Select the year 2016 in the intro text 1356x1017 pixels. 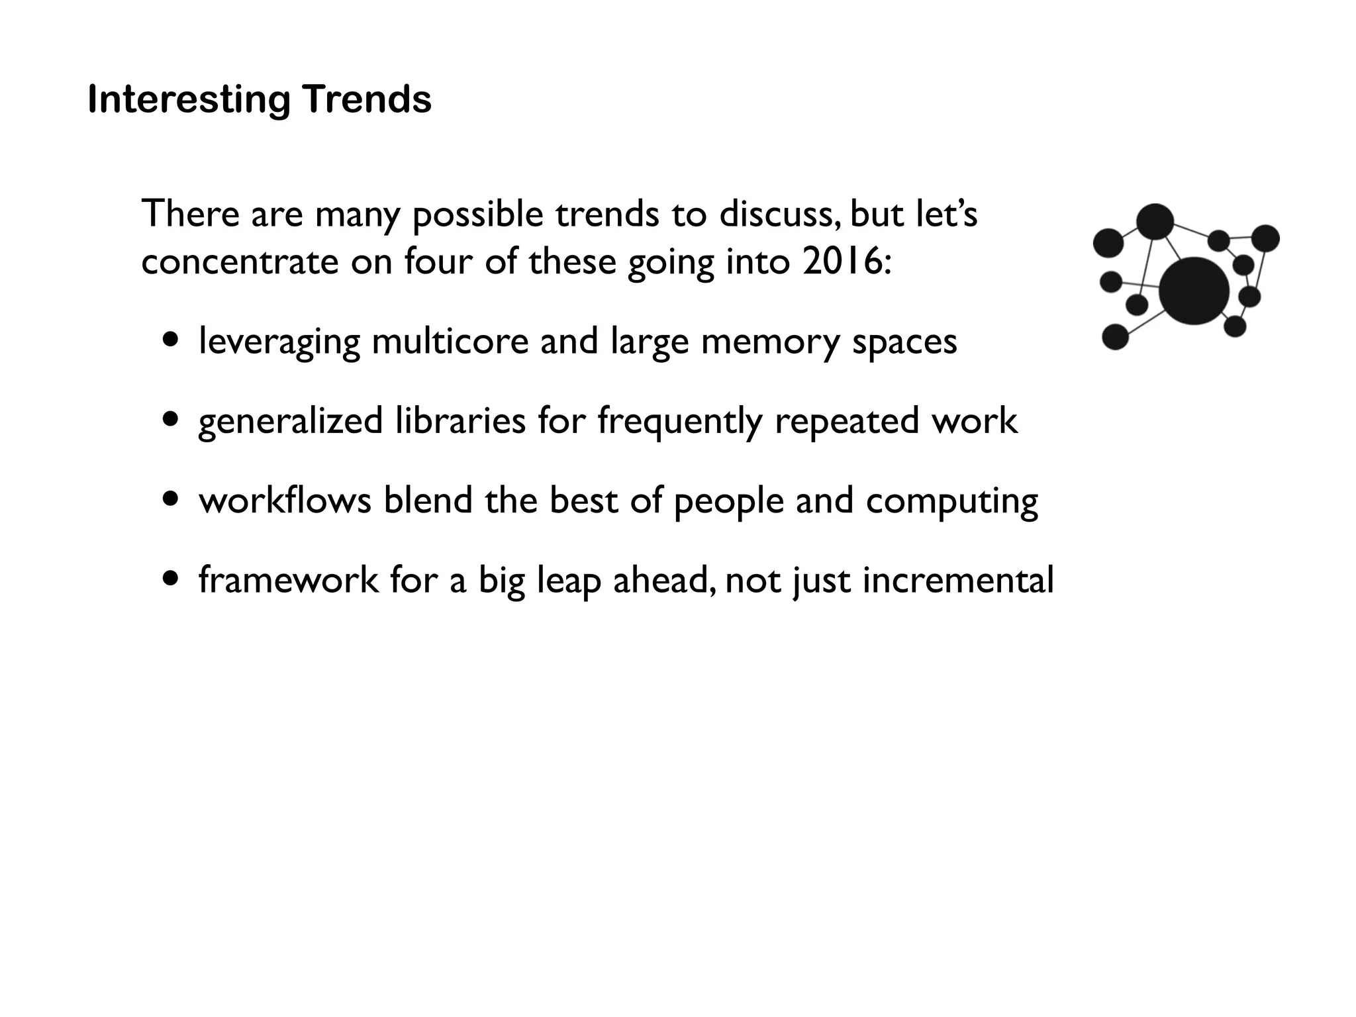pyautogui.click(x=842, y=262)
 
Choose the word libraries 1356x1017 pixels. pyautogui.click(x=460, y=421)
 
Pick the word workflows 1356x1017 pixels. pyautogui.click(x=285, y=500)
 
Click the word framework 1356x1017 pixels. pyautogui.click(x=289, y=580)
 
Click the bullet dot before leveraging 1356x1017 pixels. pyautogui.click(x=171, y=340)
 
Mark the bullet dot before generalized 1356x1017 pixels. pyautogui.click(x=171, y=419)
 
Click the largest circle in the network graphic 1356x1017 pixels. pyautogui.click(x=1194, y=291)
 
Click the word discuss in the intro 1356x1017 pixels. pyautogui.click(x=779, y=215)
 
